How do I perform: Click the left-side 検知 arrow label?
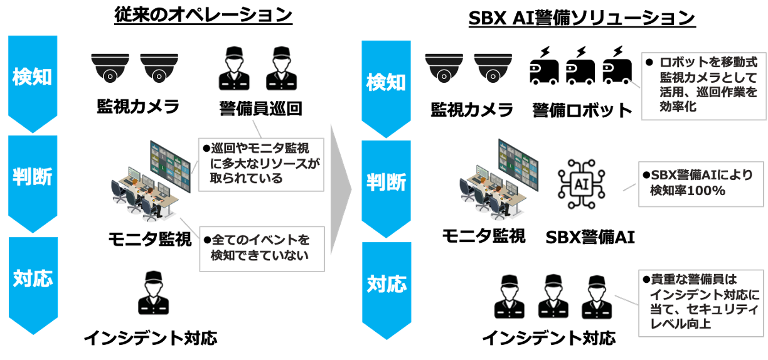(x=33, y=77)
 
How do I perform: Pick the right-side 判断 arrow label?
(x=387, y=183)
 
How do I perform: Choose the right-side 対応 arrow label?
(x=387, y=284)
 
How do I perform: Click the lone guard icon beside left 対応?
(x=155, y=292)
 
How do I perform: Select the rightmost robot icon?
(x=617, y=66)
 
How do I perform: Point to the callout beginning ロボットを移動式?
(x=703, y=85)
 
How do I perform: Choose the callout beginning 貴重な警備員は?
(x=701, y=302)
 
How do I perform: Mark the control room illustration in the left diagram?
(x=151, y=182)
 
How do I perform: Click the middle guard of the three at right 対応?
(x=554, y=297)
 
